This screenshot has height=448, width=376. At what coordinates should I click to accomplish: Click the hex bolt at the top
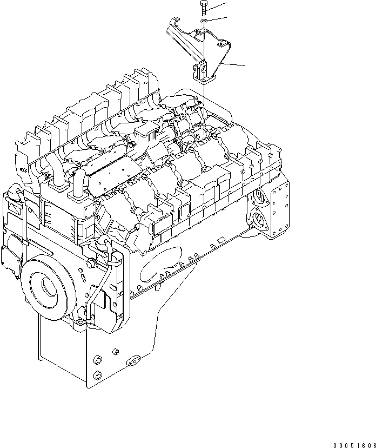pyautogui.click(x=203, y=8)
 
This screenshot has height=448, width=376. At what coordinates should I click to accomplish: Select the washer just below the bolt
pyautogui.click(x=203, y=21)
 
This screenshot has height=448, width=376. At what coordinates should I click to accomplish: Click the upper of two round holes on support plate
pyautogui.click(x=98, y=360)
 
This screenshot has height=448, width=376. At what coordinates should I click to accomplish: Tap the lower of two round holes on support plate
pyautogui.click(x=97, y=375)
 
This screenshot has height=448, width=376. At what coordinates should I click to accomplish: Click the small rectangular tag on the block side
pyautogui.click(x=220, y=239)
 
